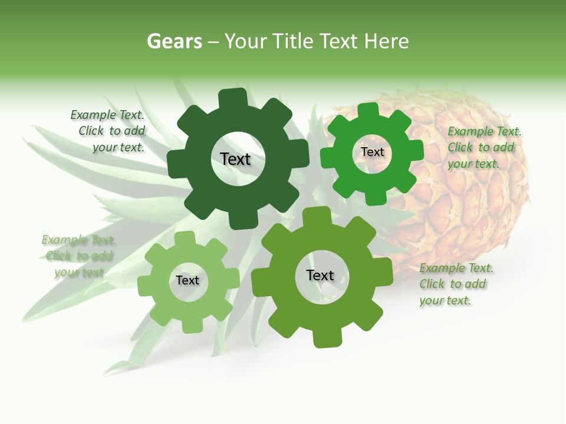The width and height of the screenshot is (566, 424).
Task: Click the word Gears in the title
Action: [x=174, y=41]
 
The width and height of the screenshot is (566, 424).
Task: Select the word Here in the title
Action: [x=386, y=41]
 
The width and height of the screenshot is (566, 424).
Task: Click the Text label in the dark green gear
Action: [x=235, y=159]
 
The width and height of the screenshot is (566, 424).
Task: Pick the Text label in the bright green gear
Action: [x=372, y=152]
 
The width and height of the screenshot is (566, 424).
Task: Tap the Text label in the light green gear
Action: [x=187, y=280]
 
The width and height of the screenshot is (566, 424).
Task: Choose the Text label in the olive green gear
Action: [x=320, y=275]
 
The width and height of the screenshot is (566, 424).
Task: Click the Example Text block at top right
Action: [x=484, y=148]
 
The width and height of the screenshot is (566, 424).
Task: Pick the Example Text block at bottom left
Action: [x=78, y=256]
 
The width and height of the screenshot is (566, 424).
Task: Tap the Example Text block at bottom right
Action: [x=456, y=284]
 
